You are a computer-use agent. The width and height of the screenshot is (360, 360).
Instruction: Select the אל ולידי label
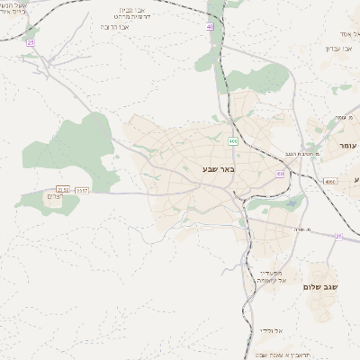click(x=271, y=330)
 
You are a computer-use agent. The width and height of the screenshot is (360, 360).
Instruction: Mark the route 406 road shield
click(x=233, y=141)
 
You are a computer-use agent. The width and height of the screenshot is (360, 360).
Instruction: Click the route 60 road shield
click(x=281, y=173)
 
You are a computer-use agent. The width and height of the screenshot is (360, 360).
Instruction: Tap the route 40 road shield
click(x=210, y=27)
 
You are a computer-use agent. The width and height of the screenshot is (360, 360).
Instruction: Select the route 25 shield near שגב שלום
click(x=337, y=236)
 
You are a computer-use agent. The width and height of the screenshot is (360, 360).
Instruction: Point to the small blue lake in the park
click(x=292, y=204)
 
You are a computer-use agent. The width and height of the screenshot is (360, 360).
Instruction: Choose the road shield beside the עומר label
click(x=330, y=182)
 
